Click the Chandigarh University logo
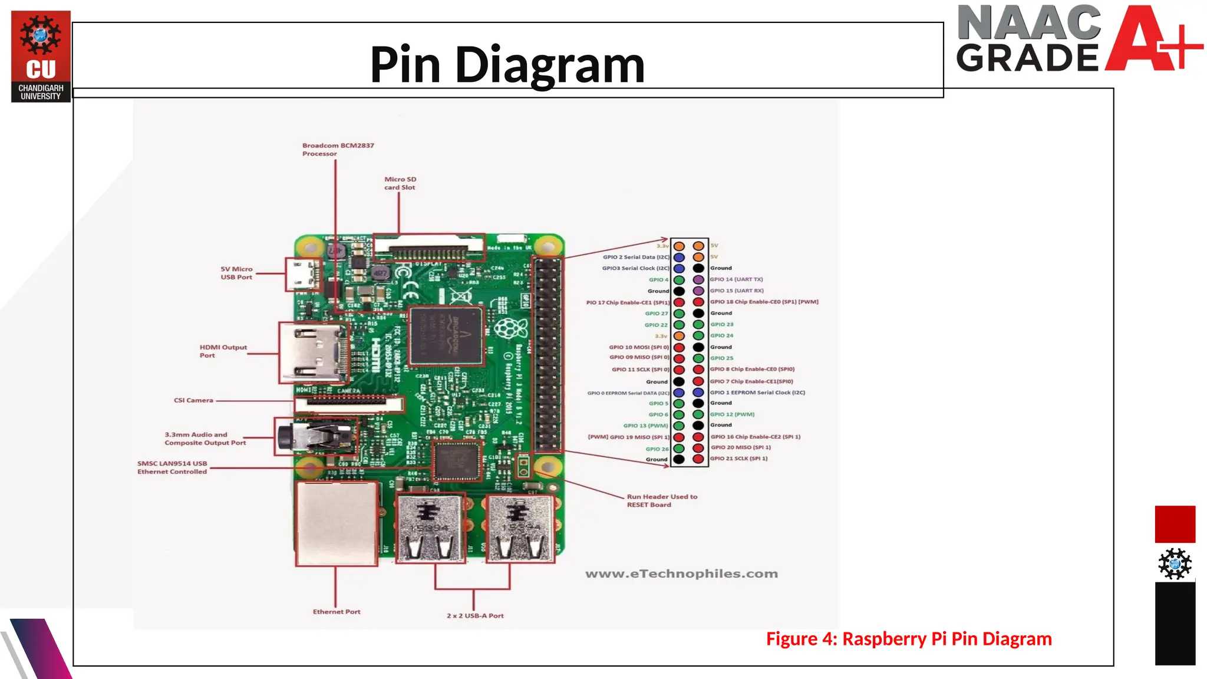[41, 56]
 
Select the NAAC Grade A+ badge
[1078, 39]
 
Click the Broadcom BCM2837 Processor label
[338, 149]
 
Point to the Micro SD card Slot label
[400, 183]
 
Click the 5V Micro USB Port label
[236, 273]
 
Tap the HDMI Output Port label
[223, 351]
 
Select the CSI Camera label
[193, 400]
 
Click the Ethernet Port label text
[337, 612]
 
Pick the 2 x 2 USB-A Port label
[475, 615]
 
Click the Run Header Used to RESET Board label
[661, 500]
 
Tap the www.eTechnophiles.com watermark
[681, 573]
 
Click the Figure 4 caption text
[908, 639]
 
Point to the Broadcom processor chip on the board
[446, 337]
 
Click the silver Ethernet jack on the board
[337, 523]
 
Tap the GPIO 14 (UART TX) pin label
[736, 279]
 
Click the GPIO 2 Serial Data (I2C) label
[636, 257]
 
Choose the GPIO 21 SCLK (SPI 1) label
[738, 459]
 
